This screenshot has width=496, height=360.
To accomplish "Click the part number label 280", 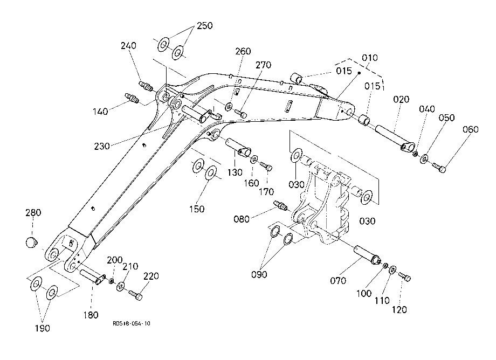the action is click(x=33, y=212).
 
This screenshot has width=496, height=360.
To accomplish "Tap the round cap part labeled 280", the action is click(x=31, y=243).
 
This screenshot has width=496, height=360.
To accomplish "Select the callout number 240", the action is click(x=128, y=45).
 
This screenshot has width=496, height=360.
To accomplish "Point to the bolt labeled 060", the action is click(x=439, y=167).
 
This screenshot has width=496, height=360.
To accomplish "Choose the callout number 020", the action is click(x=401, y=100).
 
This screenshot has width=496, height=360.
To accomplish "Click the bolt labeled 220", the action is click(x=135, y=295).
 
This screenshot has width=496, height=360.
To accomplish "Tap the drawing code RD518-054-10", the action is click(x=131, y=323).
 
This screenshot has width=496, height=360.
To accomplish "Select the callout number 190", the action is click(x=43, y=328).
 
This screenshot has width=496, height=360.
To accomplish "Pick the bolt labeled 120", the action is click(x=404, y=276).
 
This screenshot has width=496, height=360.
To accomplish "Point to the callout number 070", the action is click(x=338, y=280).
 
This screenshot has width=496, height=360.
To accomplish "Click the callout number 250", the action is click(x=205, y=26).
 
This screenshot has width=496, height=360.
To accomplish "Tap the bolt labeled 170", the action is click(x=266, y=166).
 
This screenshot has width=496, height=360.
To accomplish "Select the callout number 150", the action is click(x=197, y=209).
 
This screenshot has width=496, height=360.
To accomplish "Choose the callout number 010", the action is click(x=369, y=58).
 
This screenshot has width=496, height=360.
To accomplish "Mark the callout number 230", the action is click(x=102, y=146).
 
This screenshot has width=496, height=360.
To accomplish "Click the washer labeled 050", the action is click(x=424, y=158).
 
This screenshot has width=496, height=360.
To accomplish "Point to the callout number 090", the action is click(x=259, y=274).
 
